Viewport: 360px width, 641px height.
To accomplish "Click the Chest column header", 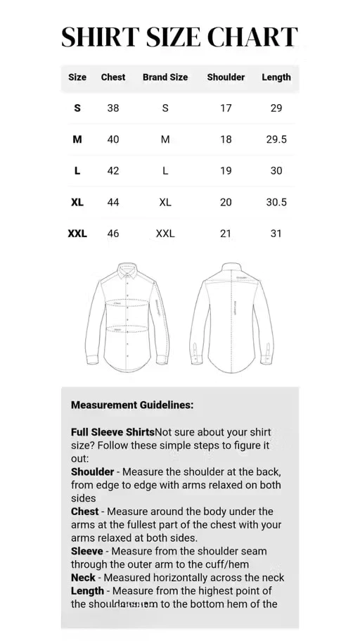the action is [x=113, y=77].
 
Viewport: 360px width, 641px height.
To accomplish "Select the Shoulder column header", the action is [x=226, y=77].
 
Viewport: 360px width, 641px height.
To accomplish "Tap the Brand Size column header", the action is [x=165, y=77].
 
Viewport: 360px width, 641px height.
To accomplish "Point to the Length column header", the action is [x=276, y=77].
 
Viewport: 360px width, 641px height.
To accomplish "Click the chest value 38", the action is [x=113, y=108].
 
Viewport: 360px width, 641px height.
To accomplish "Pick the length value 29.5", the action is [x=276, y=139].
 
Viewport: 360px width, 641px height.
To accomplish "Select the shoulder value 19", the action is [x=226, y=171].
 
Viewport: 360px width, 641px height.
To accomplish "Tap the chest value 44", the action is [x=113, y=202].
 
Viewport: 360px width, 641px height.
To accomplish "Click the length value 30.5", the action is [x=276, y=202].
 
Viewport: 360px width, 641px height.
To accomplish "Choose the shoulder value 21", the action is [x=226, y=234].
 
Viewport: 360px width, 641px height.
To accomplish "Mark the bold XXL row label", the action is [x=77, y=234].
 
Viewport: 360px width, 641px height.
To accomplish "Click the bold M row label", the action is [x=77, y=139].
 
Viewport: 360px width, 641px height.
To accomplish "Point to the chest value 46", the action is [x=113, y=234].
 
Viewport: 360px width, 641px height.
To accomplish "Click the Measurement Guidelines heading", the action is [x=132, y=405].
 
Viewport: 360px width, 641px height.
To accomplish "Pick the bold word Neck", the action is [x=83, y=578].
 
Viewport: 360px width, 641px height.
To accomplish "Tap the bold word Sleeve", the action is [x=87, y=551].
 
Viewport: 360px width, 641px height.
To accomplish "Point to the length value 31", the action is [x=276, y=234].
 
